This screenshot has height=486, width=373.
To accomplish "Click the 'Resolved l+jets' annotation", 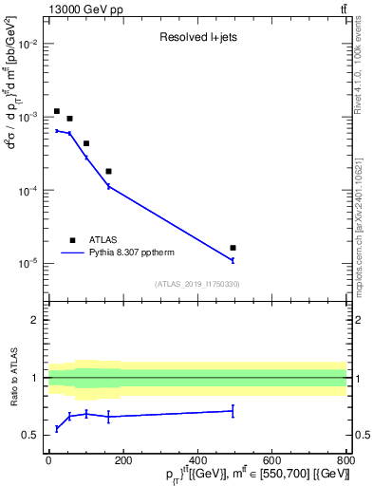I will click(x=196, y=38).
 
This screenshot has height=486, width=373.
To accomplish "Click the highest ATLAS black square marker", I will click(x=57, y=111).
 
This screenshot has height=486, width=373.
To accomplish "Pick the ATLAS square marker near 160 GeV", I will click(x=108, y=172).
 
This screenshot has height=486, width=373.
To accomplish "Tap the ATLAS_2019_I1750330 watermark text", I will click(x=197, y=284).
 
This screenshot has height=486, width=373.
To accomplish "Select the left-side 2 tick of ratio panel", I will click(x=35, y=320).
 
